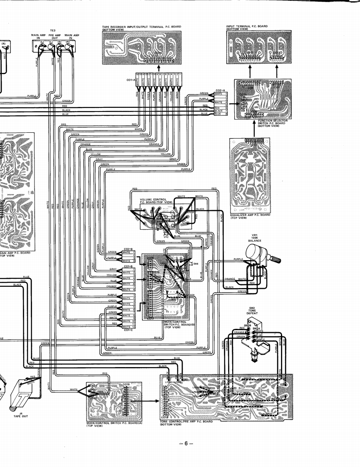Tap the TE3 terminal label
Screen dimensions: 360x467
pyautogui.click(x=53, y=30)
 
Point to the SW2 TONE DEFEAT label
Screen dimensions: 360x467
pyautogui.click(x=252, y=311)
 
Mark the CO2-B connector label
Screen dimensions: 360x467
pyautogui.click(x=128, y=248)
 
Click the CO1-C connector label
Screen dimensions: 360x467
pyautogui.click(x=128, y=330)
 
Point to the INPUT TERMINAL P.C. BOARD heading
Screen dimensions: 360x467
pyautogui.click(x=247, y=27)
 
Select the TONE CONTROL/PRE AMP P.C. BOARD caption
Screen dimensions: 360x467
pyautogui.click(x=186, y=422)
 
